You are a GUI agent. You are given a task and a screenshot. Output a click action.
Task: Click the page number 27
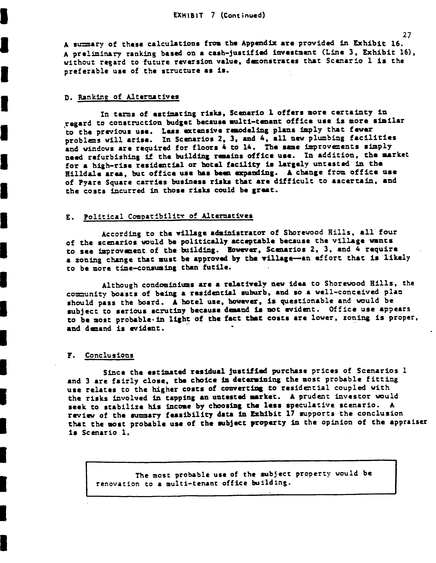[x=406, y=35]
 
